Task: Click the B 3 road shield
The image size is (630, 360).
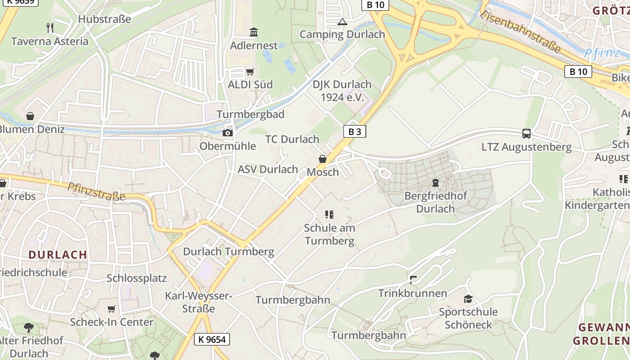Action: pos(355,131)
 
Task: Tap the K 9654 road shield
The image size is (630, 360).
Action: pos(212,339)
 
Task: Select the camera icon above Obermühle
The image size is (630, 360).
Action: pos(228,133)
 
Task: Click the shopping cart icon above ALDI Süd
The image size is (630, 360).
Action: pos(250,72)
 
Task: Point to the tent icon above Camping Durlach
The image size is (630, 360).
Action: pos(342,22)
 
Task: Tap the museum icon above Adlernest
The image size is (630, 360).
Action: pos(254,32)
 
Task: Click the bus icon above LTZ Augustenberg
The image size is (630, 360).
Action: pos(526,134)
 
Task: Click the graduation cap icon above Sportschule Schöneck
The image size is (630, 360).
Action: pos(468,299)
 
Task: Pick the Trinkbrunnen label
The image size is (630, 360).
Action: pos(413,293)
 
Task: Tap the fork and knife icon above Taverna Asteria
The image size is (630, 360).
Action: pos(50,28)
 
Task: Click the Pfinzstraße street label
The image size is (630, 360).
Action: pos(96,192)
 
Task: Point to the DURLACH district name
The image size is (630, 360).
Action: pos(58,255)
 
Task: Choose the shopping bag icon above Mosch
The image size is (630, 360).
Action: pos(323,159)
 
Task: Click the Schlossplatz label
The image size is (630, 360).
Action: pos(137,278)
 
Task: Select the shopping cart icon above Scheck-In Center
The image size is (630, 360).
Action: pos(112,309)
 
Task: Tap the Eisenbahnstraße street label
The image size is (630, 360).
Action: pos(521,31)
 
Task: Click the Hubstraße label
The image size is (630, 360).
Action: pos(104,19)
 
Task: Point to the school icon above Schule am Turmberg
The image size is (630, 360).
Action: pos(329,215)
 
